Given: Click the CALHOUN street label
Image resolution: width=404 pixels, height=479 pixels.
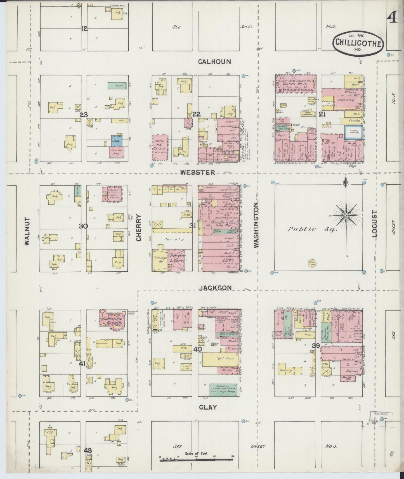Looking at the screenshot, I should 214,62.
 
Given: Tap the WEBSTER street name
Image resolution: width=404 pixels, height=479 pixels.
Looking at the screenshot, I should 198,172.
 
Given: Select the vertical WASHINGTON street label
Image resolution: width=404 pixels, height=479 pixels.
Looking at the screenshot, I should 256,225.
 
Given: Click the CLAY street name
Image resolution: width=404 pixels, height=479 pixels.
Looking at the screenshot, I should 208,407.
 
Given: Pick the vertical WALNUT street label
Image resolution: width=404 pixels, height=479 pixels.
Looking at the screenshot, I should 27,231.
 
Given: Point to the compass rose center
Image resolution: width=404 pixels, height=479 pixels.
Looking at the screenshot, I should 346,215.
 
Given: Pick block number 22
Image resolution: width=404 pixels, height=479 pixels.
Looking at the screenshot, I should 197,114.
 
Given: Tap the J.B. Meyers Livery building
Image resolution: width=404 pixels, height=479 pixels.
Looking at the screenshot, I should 176,259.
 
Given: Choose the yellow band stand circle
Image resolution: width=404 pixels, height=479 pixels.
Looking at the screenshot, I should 312,262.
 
